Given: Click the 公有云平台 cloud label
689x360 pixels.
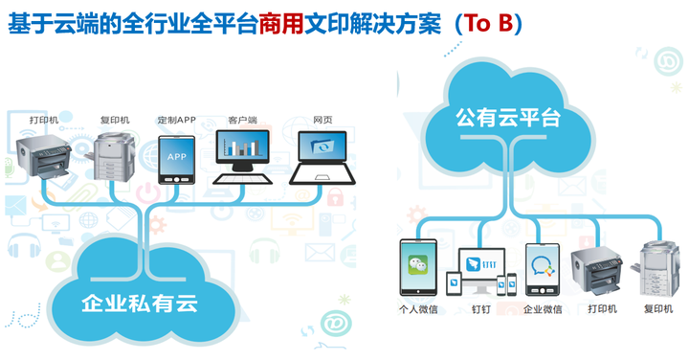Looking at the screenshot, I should pyautogui.click(x=508, y=119).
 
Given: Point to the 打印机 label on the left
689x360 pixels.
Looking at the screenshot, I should pyautogui.click(x=44, y=120).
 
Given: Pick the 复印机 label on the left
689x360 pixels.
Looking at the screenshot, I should pyautogui.click(x=114, y=120).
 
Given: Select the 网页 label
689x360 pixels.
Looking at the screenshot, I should pyautogui.click(x=322, y=120).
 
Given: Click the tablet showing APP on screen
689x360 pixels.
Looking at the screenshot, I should pyautogui.click(x=176, y=158).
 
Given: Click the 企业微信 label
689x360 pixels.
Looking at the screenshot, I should pyautogui.click(x=542, y=309).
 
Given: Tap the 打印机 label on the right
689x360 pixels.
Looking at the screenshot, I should pyautogui.click(x=602, y=309).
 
